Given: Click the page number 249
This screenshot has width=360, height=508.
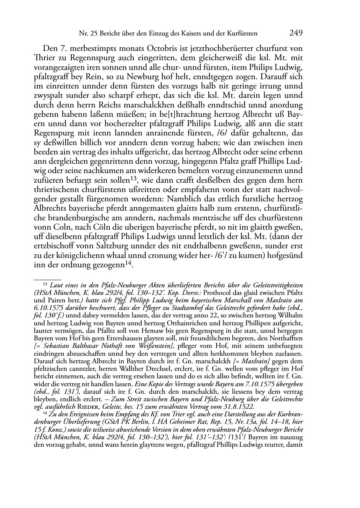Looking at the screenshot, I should (x=296, y=33).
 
